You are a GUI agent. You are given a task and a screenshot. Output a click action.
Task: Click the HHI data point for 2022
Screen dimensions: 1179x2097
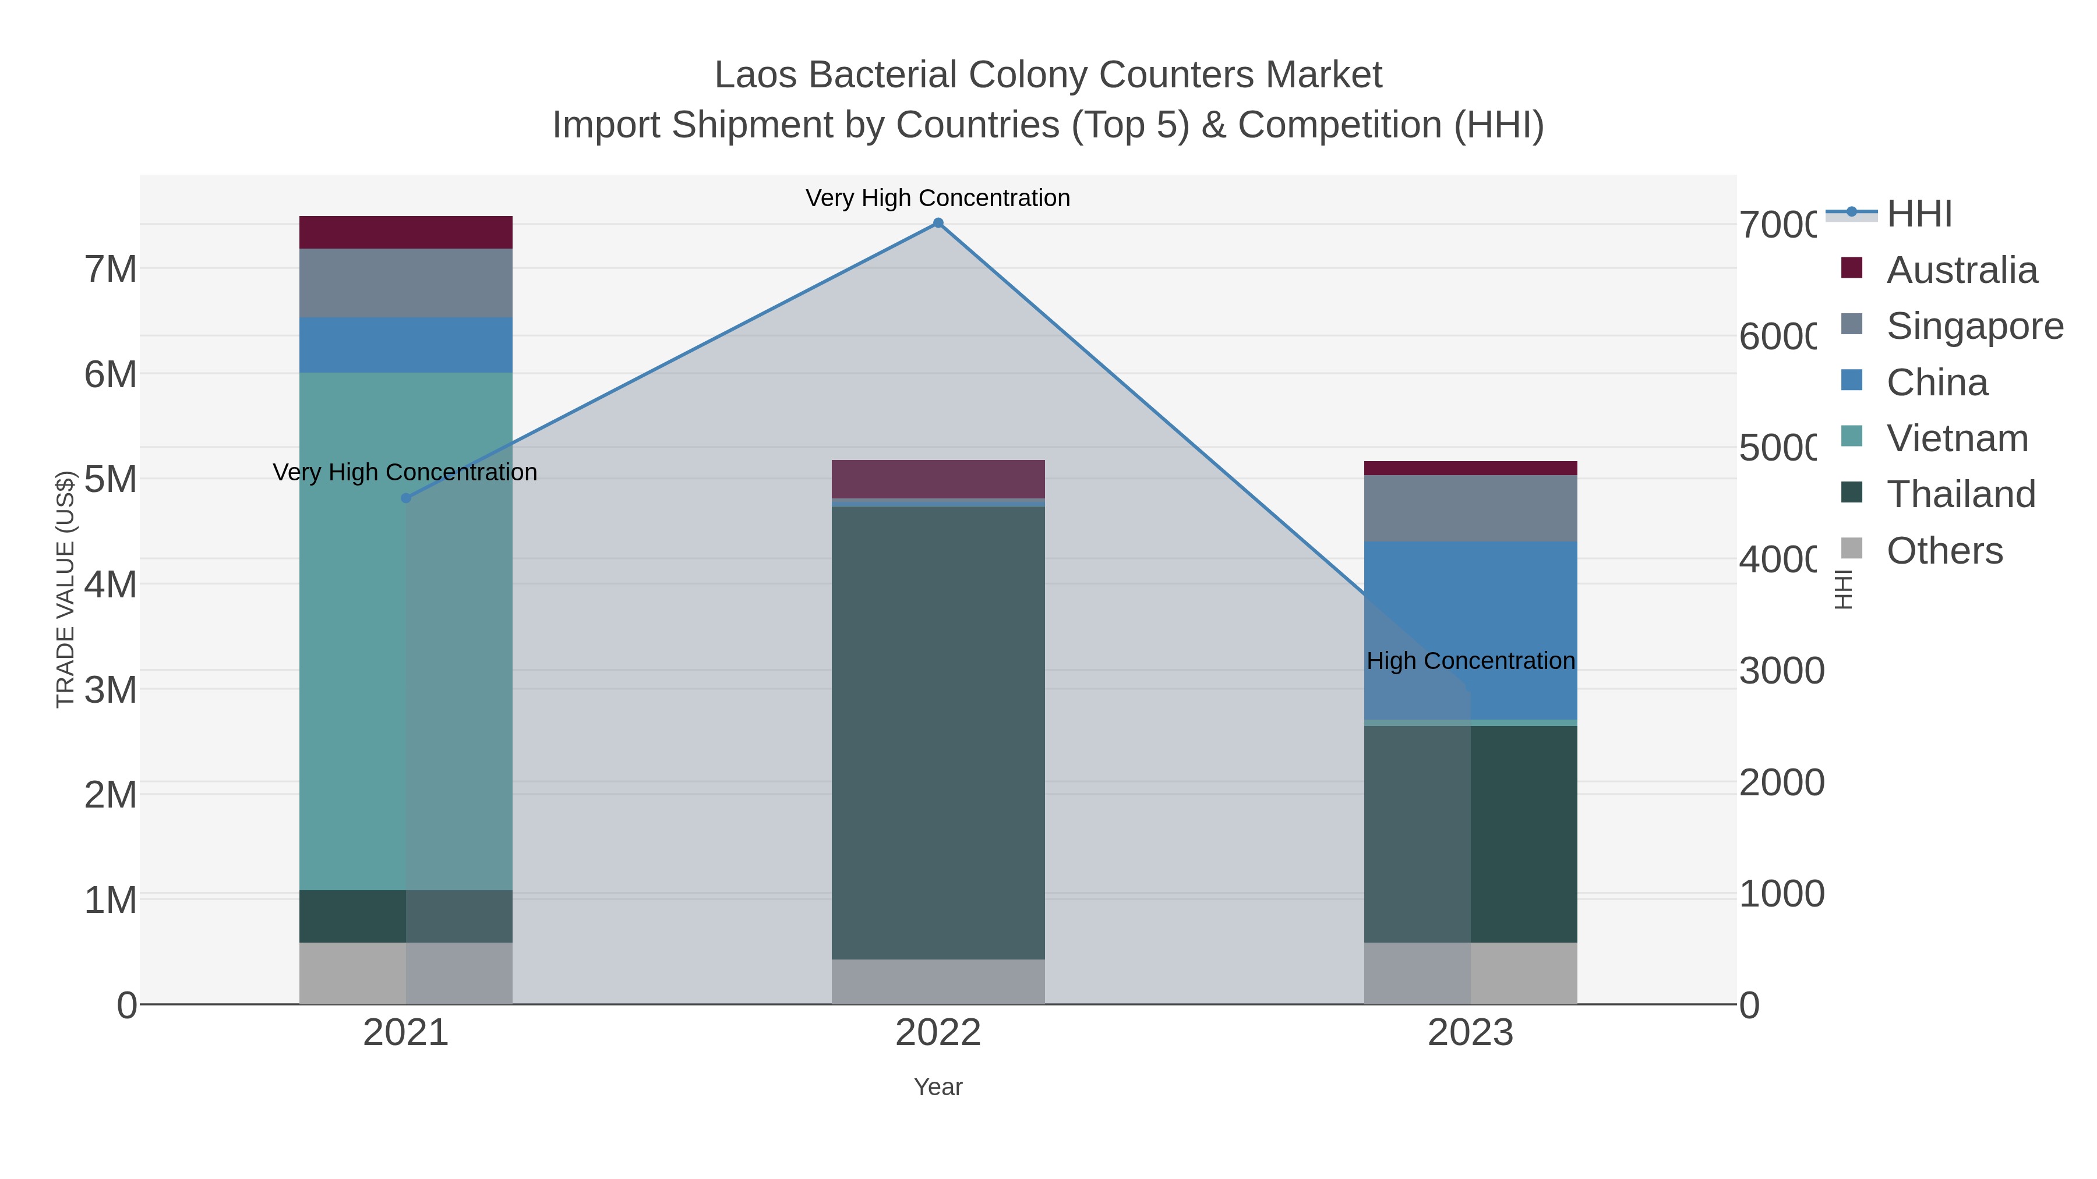[x=938, y=223]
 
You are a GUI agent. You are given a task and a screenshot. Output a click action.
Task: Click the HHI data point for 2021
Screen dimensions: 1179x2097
[x=406, y=498]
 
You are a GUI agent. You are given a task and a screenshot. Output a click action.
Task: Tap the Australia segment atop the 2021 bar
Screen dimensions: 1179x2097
[x=405, y=232]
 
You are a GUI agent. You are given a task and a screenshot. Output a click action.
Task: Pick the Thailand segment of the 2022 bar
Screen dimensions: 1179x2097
[x=938, y=732]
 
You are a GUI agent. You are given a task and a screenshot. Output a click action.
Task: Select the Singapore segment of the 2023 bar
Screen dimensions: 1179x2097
[x=1470, y=508]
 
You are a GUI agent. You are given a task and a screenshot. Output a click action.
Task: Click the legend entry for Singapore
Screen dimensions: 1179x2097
[x=1974, y=326]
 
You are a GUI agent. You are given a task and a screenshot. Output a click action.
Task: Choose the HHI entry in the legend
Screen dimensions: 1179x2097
[x=1919, y=214]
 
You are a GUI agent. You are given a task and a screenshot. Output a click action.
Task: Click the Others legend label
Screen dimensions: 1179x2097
[x=1944, y=551]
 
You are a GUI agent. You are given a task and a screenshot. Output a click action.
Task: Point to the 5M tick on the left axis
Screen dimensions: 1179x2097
[x=111, y=479]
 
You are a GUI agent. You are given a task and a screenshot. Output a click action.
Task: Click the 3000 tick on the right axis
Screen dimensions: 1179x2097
[x=1781, y=671]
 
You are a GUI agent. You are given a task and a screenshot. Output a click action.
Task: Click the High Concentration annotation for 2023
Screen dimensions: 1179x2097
[x=1470, y=661]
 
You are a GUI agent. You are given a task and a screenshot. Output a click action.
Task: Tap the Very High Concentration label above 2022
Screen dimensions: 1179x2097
[x=938, y=198]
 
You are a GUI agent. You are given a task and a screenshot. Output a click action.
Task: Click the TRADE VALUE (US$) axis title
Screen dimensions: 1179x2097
[x=65, y=589]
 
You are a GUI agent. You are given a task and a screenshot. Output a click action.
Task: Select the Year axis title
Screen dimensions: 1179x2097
[x=938, y=1087]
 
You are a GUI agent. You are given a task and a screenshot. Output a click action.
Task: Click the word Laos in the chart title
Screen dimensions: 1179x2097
[x=756, y=75]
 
